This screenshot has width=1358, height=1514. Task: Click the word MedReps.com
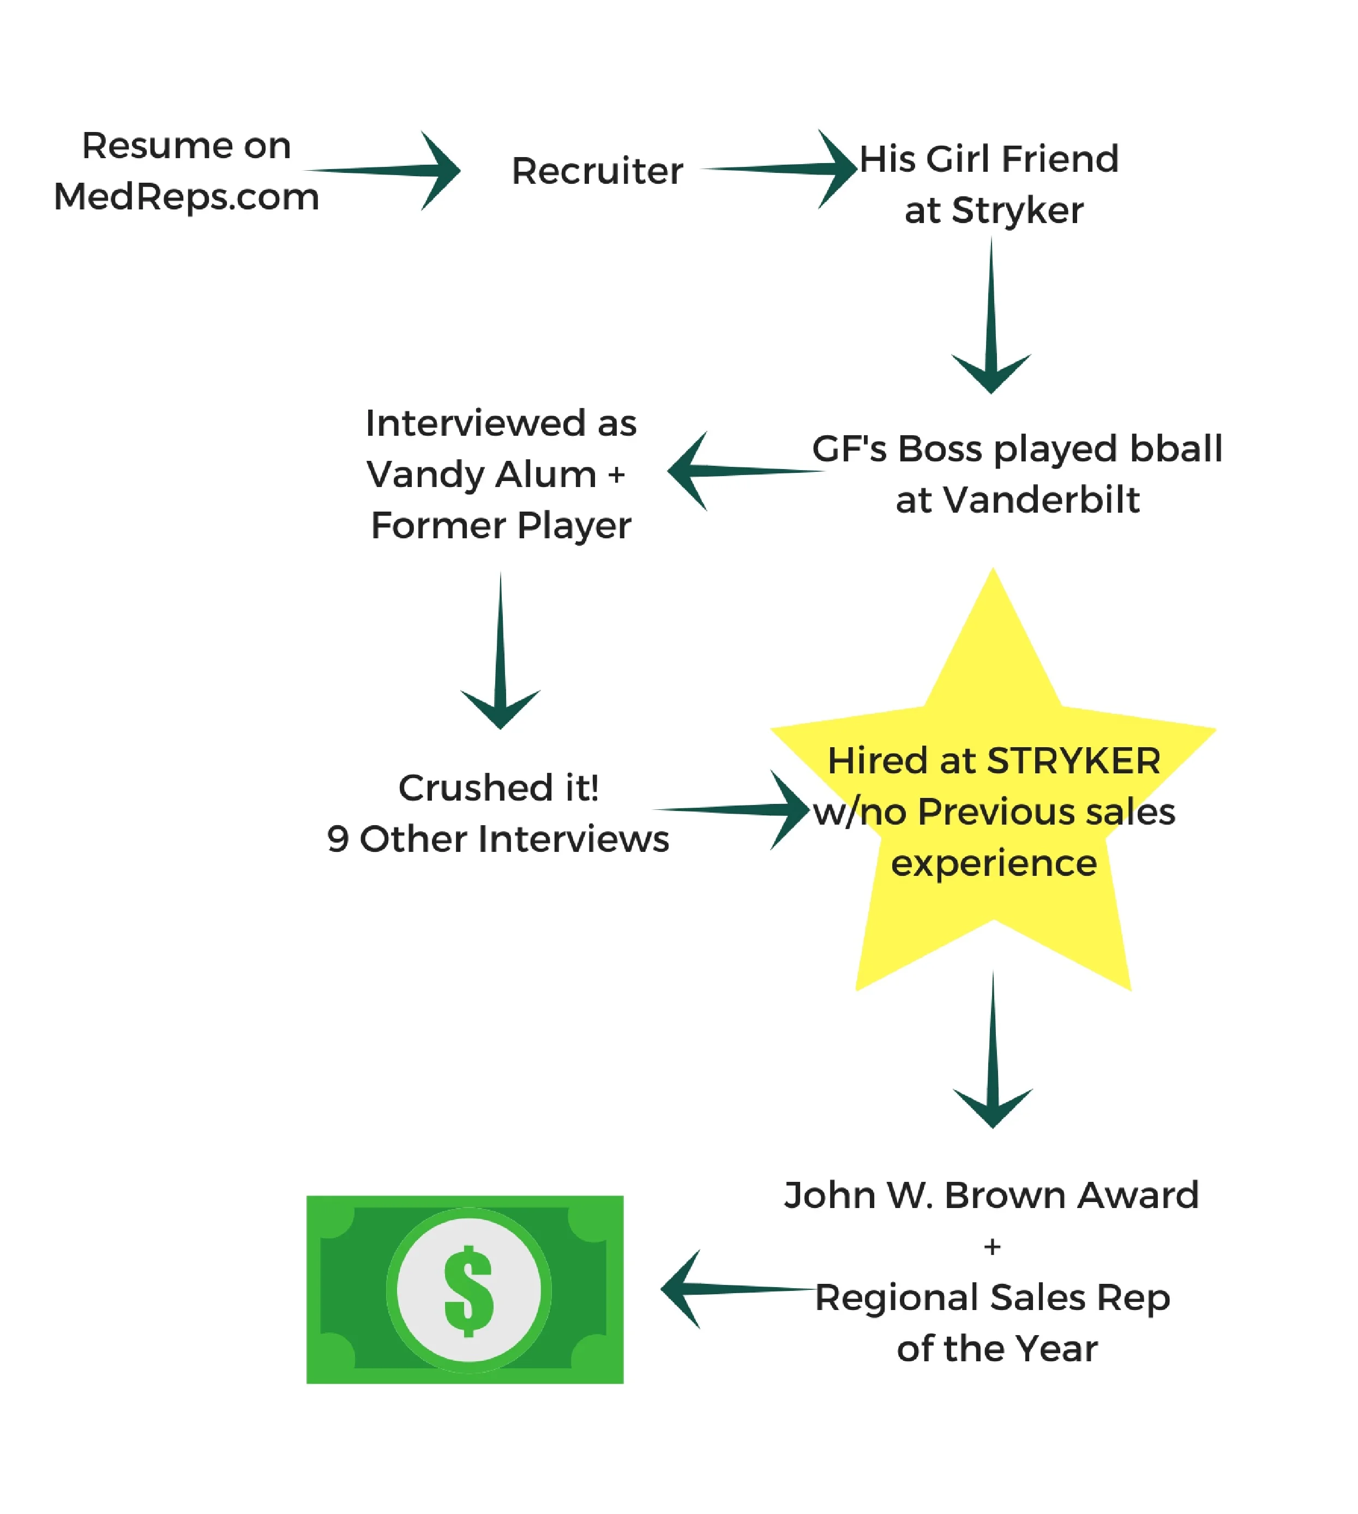187,197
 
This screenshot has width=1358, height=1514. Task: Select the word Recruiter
597,171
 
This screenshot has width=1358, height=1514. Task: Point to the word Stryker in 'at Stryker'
1018,211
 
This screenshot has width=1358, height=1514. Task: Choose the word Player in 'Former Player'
574,526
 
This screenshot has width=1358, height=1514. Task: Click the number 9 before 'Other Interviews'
338,839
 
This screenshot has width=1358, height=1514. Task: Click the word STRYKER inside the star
1074,761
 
